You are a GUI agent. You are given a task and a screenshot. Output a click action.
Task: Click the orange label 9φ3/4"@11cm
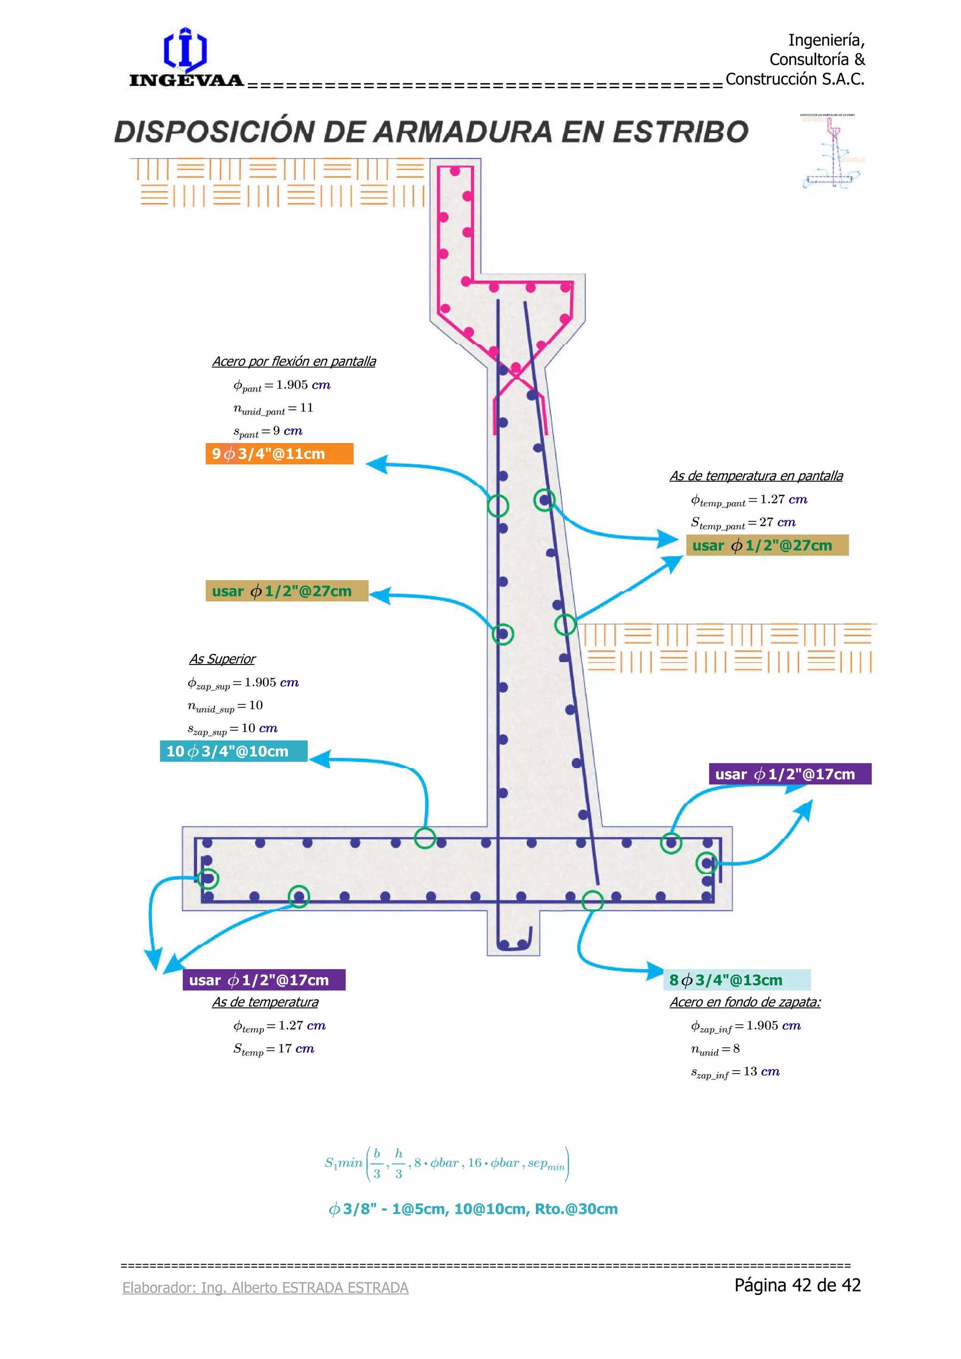279,453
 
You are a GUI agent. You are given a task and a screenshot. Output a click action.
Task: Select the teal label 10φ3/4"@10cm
234,751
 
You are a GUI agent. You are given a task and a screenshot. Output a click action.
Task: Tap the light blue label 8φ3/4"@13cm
737,979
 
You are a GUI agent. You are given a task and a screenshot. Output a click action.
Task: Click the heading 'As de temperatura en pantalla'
756,476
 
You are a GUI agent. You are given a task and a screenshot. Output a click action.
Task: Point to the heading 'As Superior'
222,659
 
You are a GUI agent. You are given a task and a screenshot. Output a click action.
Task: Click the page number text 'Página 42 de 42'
798,1284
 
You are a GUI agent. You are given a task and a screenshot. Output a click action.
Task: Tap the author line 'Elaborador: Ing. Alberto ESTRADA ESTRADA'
265,1287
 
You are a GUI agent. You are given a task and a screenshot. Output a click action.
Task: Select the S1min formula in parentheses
447,1163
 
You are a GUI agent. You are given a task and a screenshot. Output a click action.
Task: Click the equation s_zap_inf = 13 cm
736,1072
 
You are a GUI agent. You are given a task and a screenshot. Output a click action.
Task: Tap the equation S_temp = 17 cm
274,1049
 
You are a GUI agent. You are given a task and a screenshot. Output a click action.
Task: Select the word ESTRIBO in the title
680,131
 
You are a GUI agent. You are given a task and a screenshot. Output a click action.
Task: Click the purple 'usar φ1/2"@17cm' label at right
790,774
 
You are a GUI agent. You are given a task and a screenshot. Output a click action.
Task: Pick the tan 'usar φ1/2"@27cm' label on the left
287,591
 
